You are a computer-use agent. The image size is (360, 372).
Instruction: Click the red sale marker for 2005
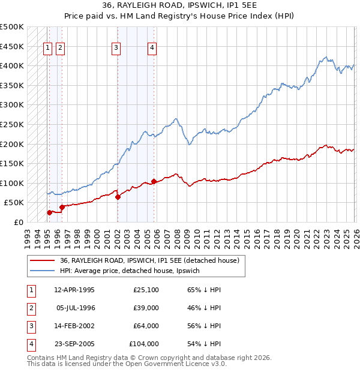click(x=154, y=181)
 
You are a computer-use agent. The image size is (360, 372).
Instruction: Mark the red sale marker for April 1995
click(x=49, y=212)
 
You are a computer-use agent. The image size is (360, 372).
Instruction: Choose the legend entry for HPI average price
click(x=133, y=271)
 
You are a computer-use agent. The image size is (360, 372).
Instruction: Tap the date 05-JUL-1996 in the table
click(x=76, y=308)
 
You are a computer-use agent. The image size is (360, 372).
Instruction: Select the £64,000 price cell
click(x=146, y=326)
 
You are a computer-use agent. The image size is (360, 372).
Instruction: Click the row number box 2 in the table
click(x=30, y=308)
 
